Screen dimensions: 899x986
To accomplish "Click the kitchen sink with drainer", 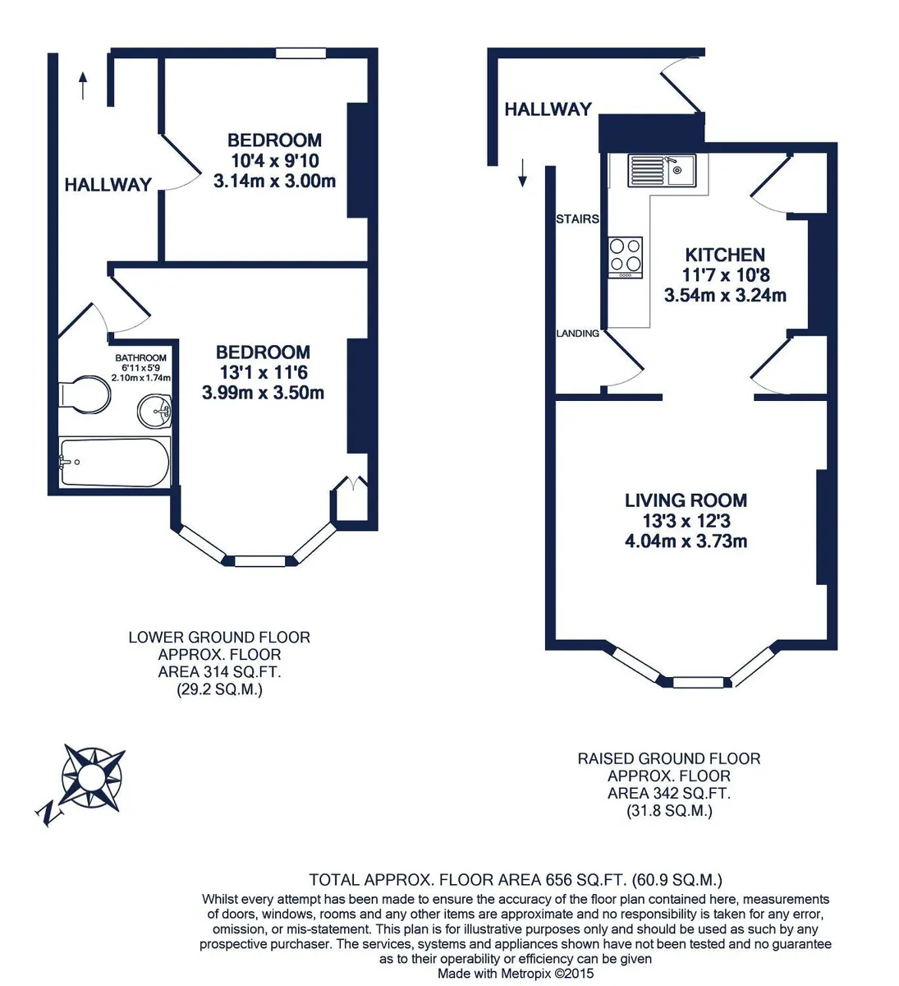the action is [x=662, y=171].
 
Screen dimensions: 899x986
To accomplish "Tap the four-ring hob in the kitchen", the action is [x=626, y=257].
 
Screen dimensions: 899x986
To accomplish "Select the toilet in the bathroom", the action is [x=85, y=394].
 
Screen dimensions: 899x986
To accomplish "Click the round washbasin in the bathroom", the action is [x=154, y=411].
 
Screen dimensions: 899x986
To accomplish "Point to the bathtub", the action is [x=114, y=462].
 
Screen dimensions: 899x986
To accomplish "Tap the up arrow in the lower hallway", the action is [x=83, y=85].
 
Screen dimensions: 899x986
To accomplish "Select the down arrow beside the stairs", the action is [x=523, y=173].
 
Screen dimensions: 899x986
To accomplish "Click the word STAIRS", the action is [x=577, y=219].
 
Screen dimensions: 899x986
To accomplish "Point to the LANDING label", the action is [x=578, y=334].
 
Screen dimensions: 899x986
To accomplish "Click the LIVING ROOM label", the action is [x=686, y=500].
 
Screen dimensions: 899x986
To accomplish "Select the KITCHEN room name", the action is [x=725, y=255].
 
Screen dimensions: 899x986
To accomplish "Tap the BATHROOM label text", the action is [x=140, y=357].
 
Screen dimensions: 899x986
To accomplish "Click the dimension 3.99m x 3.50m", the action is [x=263, y=393].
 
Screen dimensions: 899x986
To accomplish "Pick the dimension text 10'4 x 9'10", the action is [x=274, y=161].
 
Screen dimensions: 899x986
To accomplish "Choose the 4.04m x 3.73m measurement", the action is [x=686, y=541].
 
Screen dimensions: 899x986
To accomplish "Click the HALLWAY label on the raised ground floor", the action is [x=548, y=109].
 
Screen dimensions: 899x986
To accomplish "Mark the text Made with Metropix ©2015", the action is [x=516, y=973].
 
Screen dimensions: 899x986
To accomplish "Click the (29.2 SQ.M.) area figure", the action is [x=219, y=689].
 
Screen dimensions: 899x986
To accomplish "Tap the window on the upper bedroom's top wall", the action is [x=300, y=53].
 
